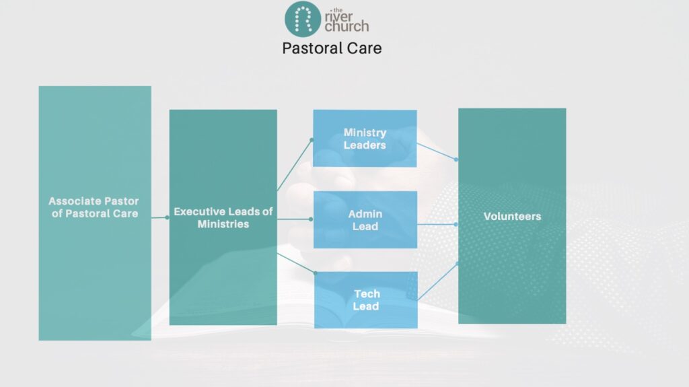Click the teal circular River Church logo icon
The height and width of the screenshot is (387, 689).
point(302,18)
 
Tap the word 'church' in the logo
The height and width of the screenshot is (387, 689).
point(347,26)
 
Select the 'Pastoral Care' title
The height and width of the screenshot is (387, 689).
point(332,48)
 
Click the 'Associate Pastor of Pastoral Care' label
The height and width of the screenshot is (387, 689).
point(94,207)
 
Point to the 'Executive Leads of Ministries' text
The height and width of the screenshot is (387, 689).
point(223,217)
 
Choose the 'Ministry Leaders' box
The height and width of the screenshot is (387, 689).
point(365,139)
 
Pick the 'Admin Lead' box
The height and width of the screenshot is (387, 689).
point(365,219)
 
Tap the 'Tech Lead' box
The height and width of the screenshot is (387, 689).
point(366,300)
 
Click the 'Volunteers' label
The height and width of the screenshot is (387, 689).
point(512,216)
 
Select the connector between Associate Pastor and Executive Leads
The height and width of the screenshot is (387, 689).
point(159,217)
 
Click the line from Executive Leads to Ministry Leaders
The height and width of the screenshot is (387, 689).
point(295,164)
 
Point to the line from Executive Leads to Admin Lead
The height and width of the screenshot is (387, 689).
point(295,219)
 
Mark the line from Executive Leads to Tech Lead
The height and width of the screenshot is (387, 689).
point(296,261)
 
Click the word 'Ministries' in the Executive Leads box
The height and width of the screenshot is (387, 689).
point(223,224)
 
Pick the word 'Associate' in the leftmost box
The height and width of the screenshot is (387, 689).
point(73,201)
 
